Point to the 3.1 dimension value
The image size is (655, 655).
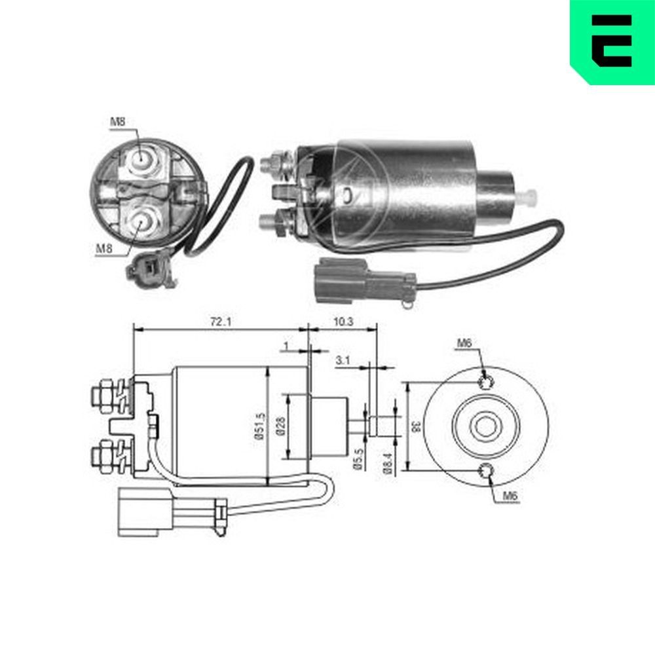coord(343,360)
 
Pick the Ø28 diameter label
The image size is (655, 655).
coord(279,427)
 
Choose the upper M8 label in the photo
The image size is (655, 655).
coord(117,121)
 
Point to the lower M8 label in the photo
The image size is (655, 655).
coord(104,248)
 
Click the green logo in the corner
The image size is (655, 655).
coord(612,41)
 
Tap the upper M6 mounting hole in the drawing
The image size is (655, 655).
coord(485,383)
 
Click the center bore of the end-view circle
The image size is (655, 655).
coord(485,426)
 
